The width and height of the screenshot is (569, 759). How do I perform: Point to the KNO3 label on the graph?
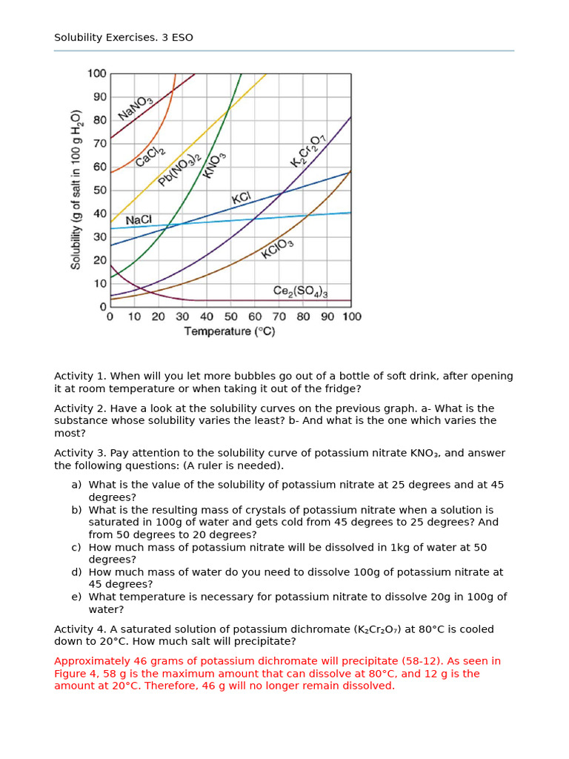pos(214,165)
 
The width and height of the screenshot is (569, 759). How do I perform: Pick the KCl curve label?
pos(242,198)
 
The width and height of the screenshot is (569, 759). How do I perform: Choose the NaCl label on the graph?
pos(139,220)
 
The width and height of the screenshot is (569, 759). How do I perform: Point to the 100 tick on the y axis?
pos(97,73)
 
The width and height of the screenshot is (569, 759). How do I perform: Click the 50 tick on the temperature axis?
pos(230,316)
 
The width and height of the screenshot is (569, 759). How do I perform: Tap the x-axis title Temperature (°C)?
pos(230,331)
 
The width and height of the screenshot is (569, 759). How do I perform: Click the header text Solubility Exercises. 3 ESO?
pos(124,37)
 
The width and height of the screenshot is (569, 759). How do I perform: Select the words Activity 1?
pos(78,376)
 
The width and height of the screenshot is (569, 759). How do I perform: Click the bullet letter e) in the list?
pos(76,597)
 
